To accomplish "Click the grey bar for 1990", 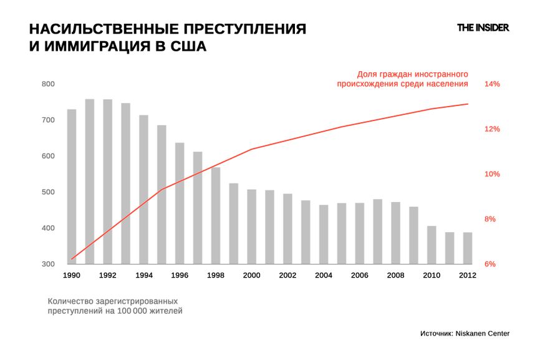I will tap(72, 187).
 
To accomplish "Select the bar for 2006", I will tap(359, 233).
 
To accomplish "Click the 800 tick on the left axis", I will tap(48, 84).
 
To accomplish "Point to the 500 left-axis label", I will tap(48, 192).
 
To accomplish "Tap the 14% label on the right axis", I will tap(493, 84).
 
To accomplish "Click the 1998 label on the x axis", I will tap(216, 275).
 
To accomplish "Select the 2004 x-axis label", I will tap(324, 275).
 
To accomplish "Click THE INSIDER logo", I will tap(483, 27).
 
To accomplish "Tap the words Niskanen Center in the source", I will tap(483, 334).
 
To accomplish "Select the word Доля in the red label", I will tap(367, 72).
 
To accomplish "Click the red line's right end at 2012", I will tap(468, 104).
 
